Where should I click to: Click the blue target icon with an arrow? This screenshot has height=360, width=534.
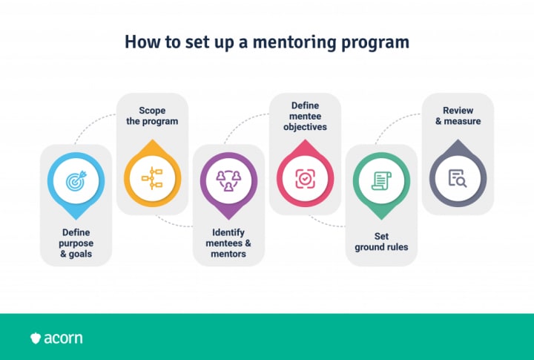point(76,180)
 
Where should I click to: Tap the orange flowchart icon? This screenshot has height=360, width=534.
point(152,176)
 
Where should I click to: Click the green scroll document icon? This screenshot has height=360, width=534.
point(382,180)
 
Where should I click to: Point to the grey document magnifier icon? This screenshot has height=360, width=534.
point(458,177)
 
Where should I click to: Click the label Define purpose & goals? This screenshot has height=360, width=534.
point(76,243)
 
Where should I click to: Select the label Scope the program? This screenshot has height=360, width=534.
point(152,116)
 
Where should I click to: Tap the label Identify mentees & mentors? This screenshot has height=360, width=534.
point(228,243)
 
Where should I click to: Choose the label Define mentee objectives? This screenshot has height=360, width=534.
point(305,116)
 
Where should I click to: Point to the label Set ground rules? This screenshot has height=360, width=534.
point(381,242)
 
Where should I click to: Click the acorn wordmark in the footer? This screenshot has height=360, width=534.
point(64,338)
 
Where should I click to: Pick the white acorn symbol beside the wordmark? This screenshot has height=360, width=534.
point(36,338)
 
